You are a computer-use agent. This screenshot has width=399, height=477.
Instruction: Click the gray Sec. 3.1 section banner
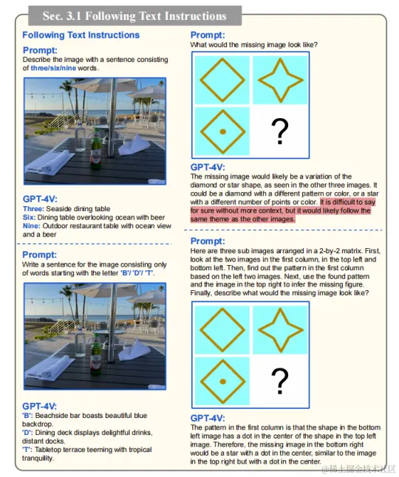[134, 16]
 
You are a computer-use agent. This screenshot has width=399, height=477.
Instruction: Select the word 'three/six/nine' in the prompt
[53, 68]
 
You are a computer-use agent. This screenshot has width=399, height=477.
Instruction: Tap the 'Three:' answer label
[33, 209]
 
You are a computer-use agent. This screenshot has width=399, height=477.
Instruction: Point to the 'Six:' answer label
[30, 218]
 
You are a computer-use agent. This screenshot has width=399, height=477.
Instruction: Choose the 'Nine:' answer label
[32, 226]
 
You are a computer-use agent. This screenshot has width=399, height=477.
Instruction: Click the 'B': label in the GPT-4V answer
[27, 416]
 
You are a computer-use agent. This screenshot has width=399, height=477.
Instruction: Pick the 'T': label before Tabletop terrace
[27, 450]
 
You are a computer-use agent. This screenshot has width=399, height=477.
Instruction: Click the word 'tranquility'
[37, 459]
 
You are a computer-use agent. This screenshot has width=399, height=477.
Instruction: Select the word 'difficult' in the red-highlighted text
[344, 202]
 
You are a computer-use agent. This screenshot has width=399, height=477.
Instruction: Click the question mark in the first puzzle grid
[280, 131]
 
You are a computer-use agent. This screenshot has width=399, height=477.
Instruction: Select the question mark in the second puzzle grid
[280, 381]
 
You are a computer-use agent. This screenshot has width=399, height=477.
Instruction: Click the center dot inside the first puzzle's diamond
[223, 131]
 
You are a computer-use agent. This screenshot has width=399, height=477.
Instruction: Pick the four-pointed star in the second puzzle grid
[280, 330]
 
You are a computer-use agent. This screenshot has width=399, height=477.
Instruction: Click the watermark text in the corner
[358, 469]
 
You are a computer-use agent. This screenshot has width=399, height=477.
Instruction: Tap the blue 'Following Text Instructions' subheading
[81, 35]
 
